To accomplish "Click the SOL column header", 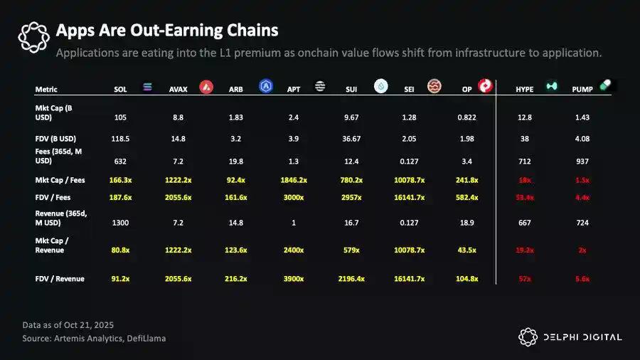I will (120, 90).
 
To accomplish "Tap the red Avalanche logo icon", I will (206, 88).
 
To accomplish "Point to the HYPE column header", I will (525, 90).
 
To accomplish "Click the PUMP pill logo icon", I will (605, 85).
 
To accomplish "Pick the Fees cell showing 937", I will (582, 162).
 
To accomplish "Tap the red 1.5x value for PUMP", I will (582, 181).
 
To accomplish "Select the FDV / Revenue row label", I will (60, 279).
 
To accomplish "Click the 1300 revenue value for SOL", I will (120, 223).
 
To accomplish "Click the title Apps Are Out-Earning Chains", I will (166, 31).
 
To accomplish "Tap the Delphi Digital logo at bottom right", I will (569, 337).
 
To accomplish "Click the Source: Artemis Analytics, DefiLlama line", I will (94, 339).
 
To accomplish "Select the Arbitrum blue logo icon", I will (267, 87).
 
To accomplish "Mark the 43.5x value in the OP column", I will (467, 250).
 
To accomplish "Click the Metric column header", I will (46, 90).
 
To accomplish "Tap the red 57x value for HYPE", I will (525, 279).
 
